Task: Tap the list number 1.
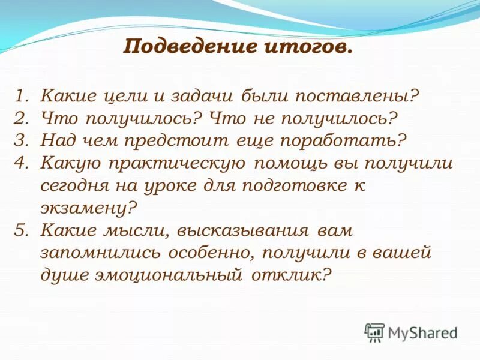(x=21, y=96)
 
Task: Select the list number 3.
(x=21, y=140)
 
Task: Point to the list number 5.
(x=21, y=230)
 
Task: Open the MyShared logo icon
(x=374, y=332)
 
